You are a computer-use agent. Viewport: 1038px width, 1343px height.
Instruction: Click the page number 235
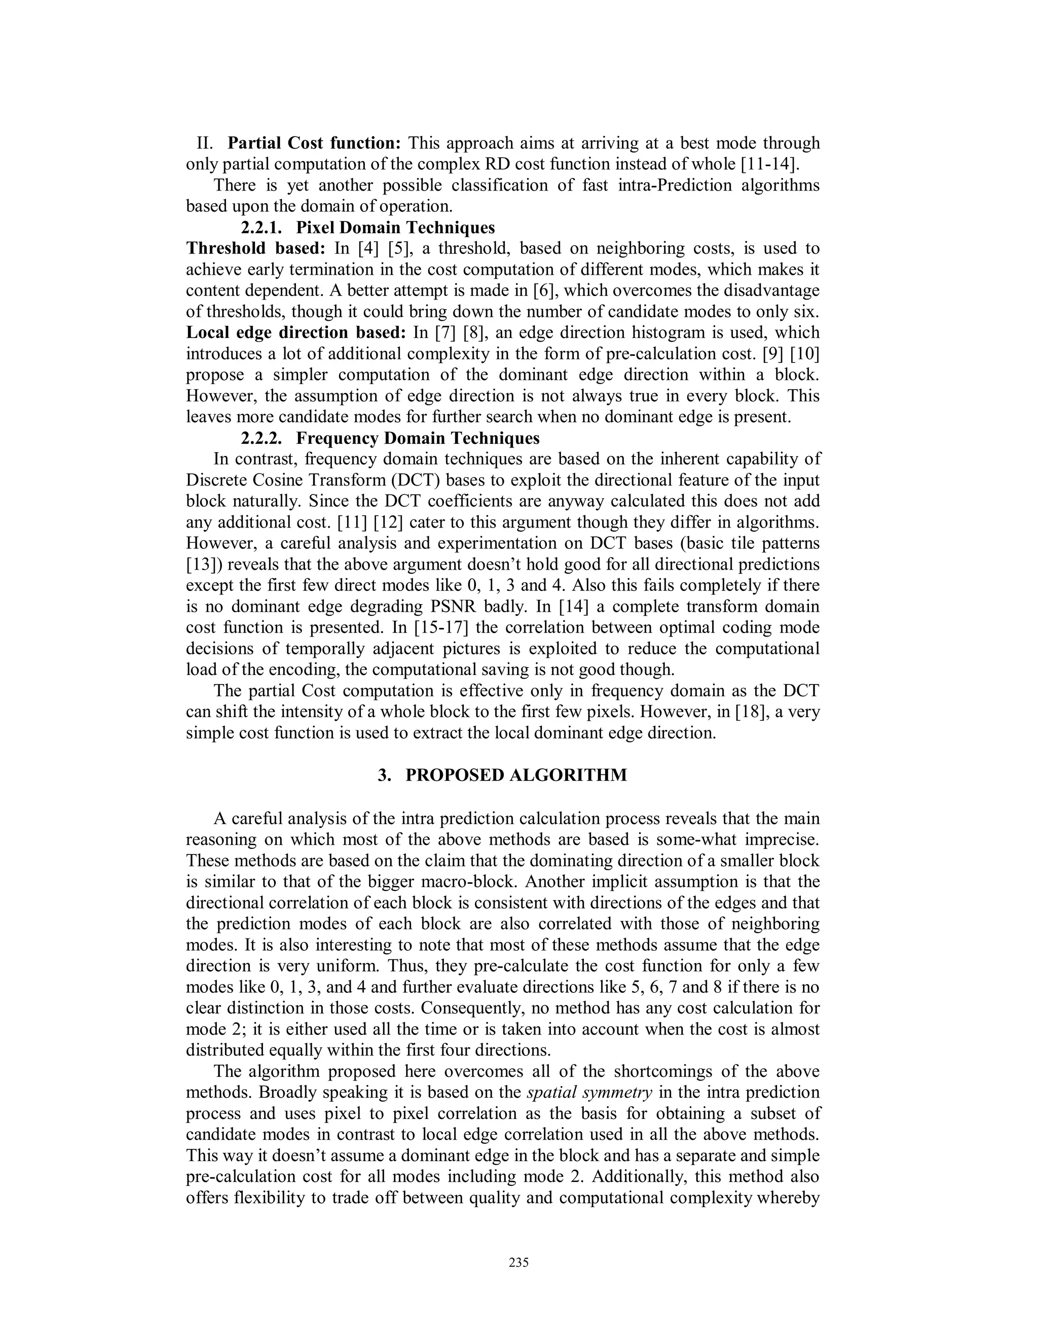[x=519, y=1262]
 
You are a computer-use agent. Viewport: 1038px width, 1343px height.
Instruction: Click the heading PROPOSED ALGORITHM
[x=516, y=775]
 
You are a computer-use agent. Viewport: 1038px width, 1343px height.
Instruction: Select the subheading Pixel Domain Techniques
[x=395, y=228]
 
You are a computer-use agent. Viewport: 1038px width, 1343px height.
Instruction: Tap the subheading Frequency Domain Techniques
[x=418, y=438]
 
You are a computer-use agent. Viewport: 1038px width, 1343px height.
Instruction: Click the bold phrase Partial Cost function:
[x=314, y=143]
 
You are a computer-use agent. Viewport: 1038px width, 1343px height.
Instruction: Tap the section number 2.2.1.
[x=262, y=228]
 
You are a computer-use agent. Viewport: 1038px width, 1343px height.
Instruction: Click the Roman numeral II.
[x=205, y=143]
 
